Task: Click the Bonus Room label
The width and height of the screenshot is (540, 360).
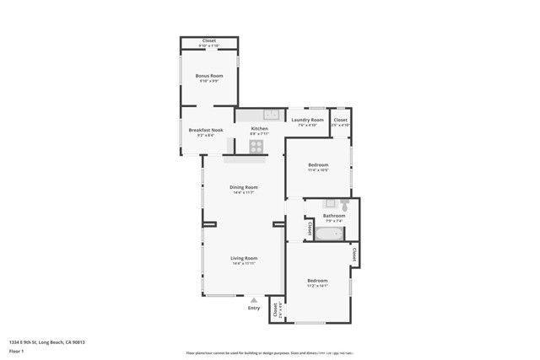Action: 208,76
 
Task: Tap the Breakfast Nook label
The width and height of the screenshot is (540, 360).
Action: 205,130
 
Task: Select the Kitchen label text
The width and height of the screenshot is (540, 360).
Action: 259,128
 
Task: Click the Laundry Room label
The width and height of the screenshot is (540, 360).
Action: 307,120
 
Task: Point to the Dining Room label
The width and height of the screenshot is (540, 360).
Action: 244,187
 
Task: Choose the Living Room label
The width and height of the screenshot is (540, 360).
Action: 244,258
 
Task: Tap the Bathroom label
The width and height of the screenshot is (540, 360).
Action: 333,216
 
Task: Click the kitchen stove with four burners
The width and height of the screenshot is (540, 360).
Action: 256,146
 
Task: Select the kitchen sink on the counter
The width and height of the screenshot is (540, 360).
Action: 271,114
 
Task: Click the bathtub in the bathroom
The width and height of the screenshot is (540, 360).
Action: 329,234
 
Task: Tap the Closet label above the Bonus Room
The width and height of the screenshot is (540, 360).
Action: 208,40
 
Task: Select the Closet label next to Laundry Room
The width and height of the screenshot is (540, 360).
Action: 340,120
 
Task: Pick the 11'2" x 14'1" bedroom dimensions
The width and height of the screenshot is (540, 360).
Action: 317,286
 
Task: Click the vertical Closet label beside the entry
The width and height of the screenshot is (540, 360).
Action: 275,311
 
